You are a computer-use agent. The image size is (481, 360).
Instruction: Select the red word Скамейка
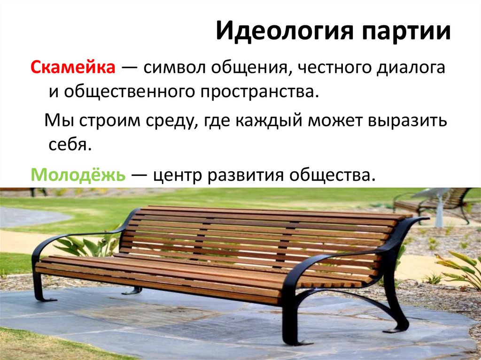[x=73, y=69]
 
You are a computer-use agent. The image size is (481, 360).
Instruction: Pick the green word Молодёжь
[x=78, y=176]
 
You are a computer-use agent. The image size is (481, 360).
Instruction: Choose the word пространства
[x=258, y=91]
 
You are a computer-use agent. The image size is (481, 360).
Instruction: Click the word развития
[x=246, y=176]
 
